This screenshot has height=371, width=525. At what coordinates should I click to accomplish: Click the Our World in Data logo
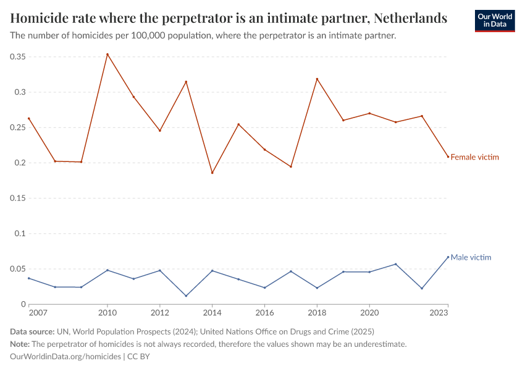[x=494, y=20]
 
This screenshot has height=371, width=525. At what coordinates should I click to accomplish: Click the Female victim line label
[x=474, y=157]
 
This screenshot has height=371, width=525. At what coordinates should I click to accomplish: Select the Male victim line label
[x=471, y=257]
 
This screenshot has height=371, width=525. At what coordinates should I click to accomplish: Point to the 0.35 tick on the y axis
[x=17, y=57]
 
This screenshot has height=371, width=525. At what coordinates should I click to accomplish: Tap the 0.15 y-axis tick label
[x=17, y=198]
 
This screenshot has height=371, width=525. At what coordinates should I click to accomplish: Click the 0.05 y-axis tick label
[x=17, y=269]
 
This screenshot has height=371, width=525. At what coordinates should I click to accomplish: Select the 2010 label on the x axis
[x=107, y=313]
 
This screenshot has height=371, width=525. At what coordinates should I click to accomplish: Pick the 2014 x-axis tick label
[x=212, y=313]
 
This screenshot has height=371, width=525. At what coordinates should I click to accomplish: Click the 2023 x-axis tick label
[x=439, y=313]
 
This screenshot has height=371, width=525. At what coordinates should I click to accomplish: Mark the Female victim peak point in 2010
[x=107, y=54]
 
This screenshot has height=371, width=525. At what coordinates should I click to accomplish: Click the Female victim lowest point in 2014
[x=212, y=173]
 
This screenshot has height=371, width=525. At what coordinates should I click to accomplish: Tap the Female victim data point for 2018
[x=317, y=79]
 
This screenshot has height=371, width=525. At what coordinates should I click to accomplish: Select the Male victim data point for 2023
[x=448, y=257]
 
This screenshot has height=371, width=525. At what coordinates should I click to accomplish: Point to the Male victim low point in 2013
[x=186, y=296]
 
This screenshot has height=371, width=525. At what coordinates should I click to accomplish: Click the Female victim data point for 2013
[x=186, y=82]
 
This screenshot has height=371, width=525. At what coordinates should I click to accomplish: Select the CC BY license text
[x=139, y=357]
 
